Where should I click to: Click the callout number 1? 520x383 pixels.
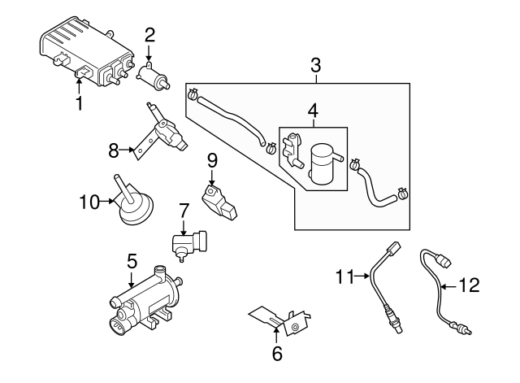(79, 104)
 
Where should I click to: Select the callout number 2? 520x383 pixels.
(149, 34)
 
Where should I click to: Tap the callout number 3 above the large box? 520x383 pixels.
(315, 65)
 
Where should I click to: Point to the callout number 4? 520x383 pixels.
(313, 109)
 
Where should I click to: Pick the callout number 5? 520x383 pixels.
(132, 261)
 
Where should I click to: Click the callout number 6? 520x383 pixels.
(276, 354)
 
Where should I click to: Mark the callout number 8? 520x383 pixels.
(114, 150)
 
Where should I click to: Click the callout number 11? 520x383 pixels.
(343, 278)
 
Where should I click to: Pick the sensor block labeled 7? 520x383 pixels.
(192, 242)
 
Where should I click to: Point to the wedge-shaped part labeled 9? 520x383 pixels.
(219, 201)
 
